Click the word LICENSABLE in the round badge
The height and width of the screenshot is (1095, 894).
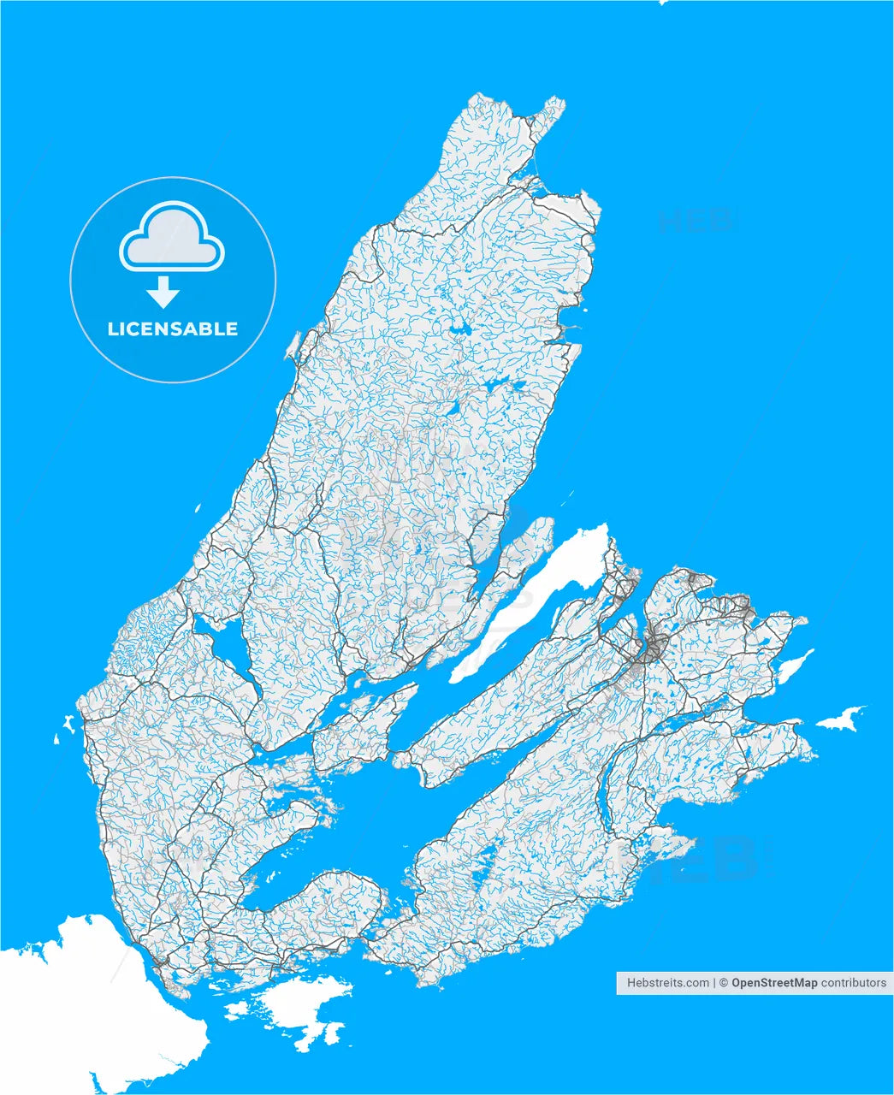[x=173, y=329]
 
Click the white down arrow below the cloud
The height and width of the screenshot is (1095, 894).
[x=163, y=293]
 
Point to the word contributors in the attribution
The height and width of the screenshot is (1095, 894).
[x=854, y=983]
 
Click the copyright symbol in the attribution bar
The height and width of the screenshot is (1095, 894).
[x=724, y=983]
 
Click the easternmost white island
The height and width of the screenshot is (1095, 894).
[x=840, y=719]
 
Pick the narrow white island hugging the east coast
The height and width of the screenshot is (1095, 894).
[x=794, y=667]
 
